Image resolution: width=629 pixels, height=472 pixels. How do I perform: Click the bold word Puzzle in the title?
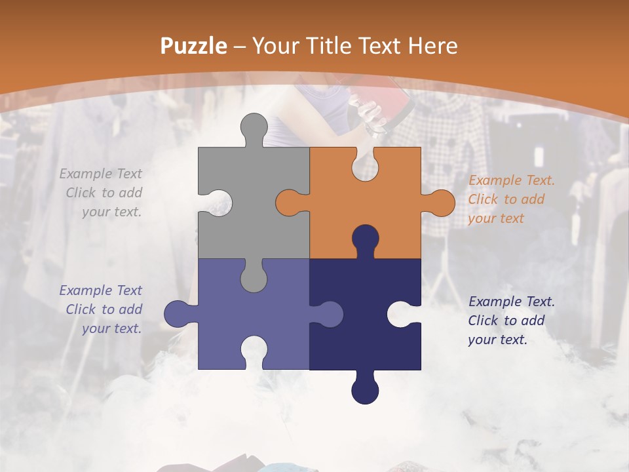(x=194, y=46)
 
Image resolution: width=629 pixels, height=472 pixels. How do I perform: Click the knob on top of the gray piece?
(x=250, y=128)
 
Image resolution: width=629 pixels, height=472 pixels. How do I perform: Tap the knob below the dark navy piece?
(x=365, y=389)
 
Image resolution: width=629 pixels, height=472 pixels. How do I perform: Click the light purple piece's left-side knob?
(x=179, y=313)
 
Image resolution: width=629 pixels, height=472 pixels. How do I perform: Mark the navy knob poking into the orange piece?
(x=365, y=239)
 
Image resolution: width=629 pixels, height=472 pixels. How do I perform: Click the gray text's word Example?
(x=86, y=174)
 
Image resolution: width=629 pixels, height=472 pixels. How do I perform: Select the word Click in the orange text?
(x=484, y=199)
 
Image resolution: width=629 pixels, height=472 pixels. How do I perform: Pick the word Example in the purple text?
(x=86, y=290)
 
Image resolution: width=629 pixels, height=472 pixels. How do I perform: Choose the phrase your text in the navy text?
(x=497, y=340)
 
